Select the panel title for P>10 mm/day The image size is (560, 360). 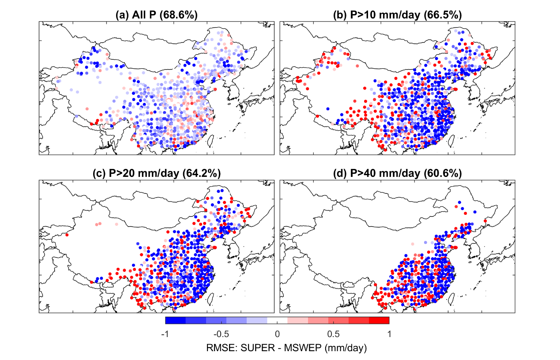click(397, 15)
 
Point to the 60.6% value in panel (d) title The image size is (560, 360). click(443, 174)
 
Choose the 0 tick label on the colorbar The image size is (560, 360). click(277, 334)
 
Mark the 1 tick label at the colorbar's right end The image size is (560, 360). click(389, 334)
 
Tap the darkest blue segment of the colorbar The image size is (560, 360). click(175, 320)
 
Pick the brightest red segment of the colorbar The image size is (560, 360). click(379, 320)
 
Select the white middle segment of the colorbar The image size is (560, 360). click(277, 320)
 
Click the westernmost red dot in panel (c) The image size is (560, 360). click(67, 235)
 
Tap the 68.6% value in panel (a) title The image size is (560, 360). click(179, 15)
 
